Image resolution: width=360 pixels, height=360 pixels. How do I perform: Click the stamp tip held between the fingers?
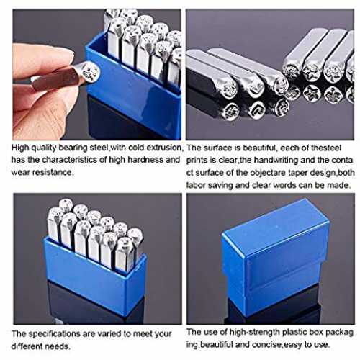click(90, 72)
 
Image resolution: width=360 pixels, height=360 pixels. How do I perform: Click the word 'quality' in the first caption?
click(44, 148)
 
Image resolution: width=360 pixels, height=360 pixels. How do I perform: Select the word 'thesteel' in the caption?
click(326, 148)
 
